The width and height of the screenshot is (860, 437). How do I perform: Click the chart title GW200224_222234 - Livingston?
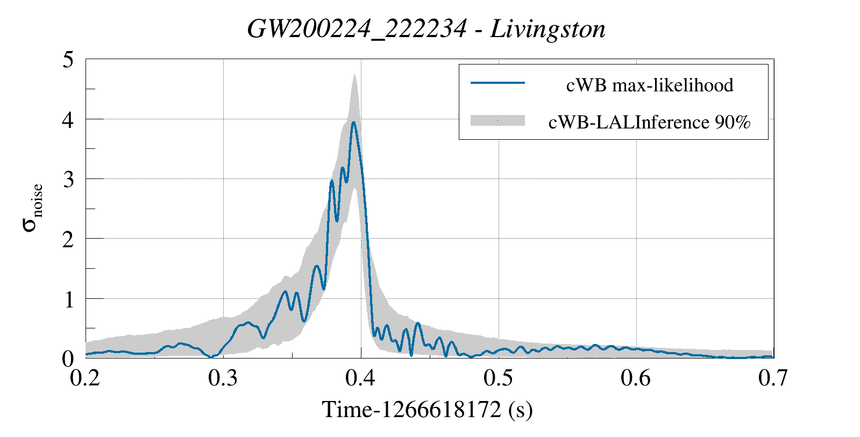pyautogui.click(x=426, y=29)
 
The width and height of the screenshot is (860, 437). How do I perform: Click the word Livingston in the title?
pyautogui.click(x=548, y=29)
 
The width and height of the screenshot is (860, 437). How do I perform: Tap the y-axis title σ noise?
pyautogui.click(x=32, y=208)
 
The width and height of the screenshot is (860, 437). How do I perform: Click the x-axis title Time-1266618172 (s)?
pyautogui.click(x=427, y=410)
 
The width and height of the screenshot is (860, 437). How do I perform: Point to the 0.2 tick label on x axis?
pyautogui.click(x=86, y=378)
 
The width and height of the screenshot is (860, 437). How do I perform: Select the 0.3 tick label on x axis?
pyautogui.click(x=223, y=378)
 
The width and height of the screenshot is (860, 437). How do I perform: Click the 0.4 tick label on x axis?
pyautogui.click(x=361, y=378)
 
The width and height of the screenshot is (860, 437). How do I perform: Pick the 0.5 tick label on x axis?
pyautogui.click(x=499, y=378)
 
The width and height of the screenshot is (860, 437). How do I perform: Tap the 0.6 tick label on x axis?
pyautogui.click(x=636, y=378)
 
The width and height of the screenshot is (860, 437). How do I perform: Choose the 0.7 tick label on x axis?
pyautogui.click(x=773, y=378)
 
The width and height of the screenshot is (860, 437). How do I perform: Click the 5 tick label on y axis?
pyautogui.click(x=68, y=60)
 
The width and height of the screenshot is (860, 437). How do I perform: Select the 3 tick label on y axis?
pyautogui.click(x=68, y=180)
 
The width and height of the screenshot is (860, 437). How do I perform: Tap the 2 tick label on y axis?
pyautogui.click(x=68, y=239)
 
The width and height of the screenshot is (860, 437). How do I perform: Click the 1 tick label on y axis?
pyautogui.click(x=69, y=299)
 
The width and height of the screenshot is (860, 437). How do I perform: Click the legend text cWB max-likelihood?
pyautogui.click(x=650, y=85)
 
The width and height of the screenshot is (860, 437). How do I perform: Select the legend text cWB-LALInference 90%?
pyautogui.click(x=649, y=122)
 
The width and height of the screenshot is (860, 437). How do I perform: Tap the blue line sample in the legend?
pyautogui.click(x=497, y=83)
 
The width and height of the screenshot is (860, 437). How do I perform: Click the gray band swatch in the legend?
pyautogui.click(x=497, y=120)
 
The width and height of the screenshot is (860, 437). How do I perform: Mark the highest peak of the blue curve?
pyautogui.click(x=353, y=122)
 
